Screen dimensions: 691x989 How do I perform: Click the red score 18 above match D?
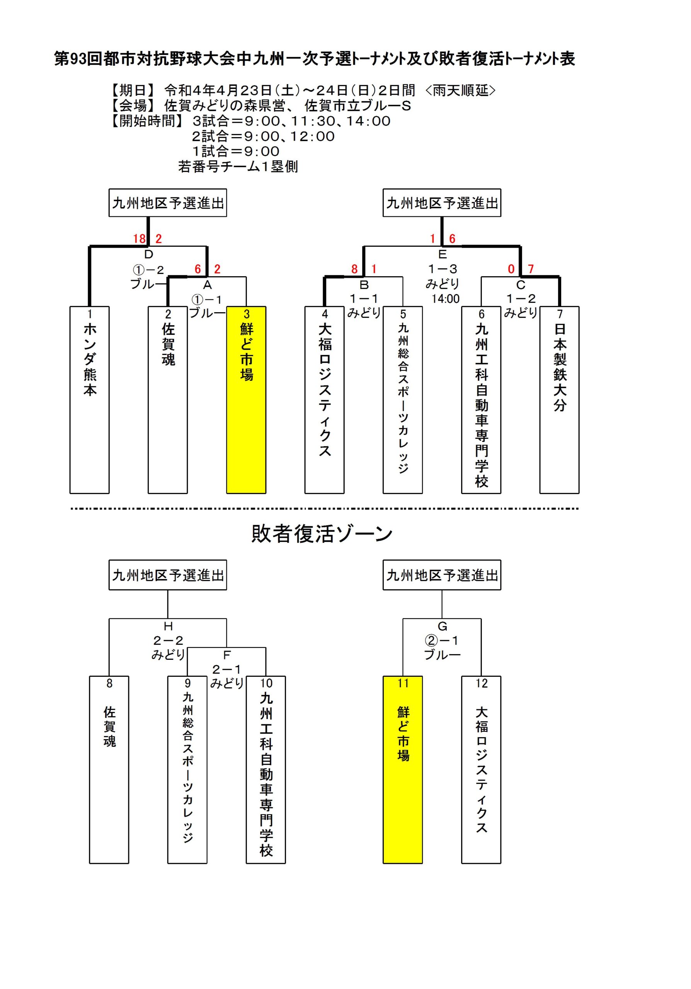coord(139,239)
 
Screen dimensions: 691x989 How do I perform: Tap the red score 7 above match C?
coord(530,269)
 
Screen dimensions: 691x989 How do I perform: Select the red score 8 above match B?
coord(354,269)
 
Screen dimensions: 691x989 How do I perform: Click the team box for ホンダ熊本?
coord(90,400)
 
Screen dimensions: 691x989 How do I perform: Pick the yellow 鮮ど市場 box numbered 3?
coord(246,400)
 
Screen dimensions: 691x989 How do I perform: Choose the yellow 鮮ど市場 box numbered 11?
coord(403,770)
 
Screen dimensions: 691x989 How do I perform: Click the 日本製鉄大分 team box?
coord(559,400)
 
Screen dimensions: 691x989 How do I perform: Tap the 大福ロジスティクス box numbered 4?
coord(324,400)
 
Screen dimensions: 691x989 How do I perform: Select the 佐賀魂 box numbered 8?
coord(109,770)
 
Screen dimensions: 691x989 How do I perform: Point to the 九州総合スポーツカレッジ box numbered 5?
coord(403,400)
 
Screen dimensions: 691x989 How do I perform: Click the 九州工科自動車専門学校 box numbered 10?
coord(266,770)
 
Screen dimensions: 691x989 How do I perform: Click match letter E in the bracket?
coord(442,254)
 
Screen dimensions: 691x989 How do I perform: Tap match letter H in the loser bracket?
coord(168,626)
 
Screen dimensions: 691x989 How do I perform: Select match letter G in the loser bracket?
coord(442,626)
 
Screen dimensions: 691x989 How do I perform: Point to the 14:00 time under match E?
coord(446,299)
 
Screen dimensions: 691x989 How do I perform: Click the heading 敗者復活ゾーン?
coord(322,534)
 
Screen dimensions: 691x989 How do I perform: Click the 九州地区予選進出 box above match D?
coord(168,202)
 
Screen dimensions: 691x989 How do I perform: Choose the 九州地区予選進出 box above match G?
coord(442,574)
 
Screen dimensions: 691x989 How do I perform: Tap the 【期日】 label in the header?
coord(133,90)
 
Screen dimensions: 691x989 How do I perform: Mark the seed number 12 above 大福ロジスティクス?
coord(481,683)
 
